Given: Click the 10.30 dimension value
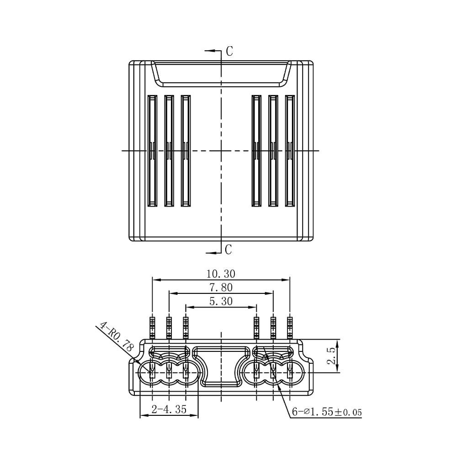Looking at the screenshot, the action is pos(221,274).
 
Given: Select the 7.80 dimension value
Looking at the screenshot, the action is pos(221,287).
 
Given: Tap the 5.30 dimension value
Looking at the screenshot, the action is pos(221,301).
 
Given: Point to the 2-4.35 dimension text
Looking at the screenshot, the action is pos(169,409).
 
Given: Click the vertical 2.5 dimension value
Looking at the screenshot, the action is pos(332,356).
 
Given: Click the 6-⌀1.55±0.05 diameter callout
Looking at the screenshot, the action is pos(327,412).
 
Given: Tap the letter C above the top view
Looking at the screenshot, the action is pos(229,51).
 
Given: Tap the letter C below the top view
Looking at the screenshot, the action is pos(228,250).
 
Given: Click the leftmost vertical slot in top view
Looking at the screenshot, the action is pos(152,151).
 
